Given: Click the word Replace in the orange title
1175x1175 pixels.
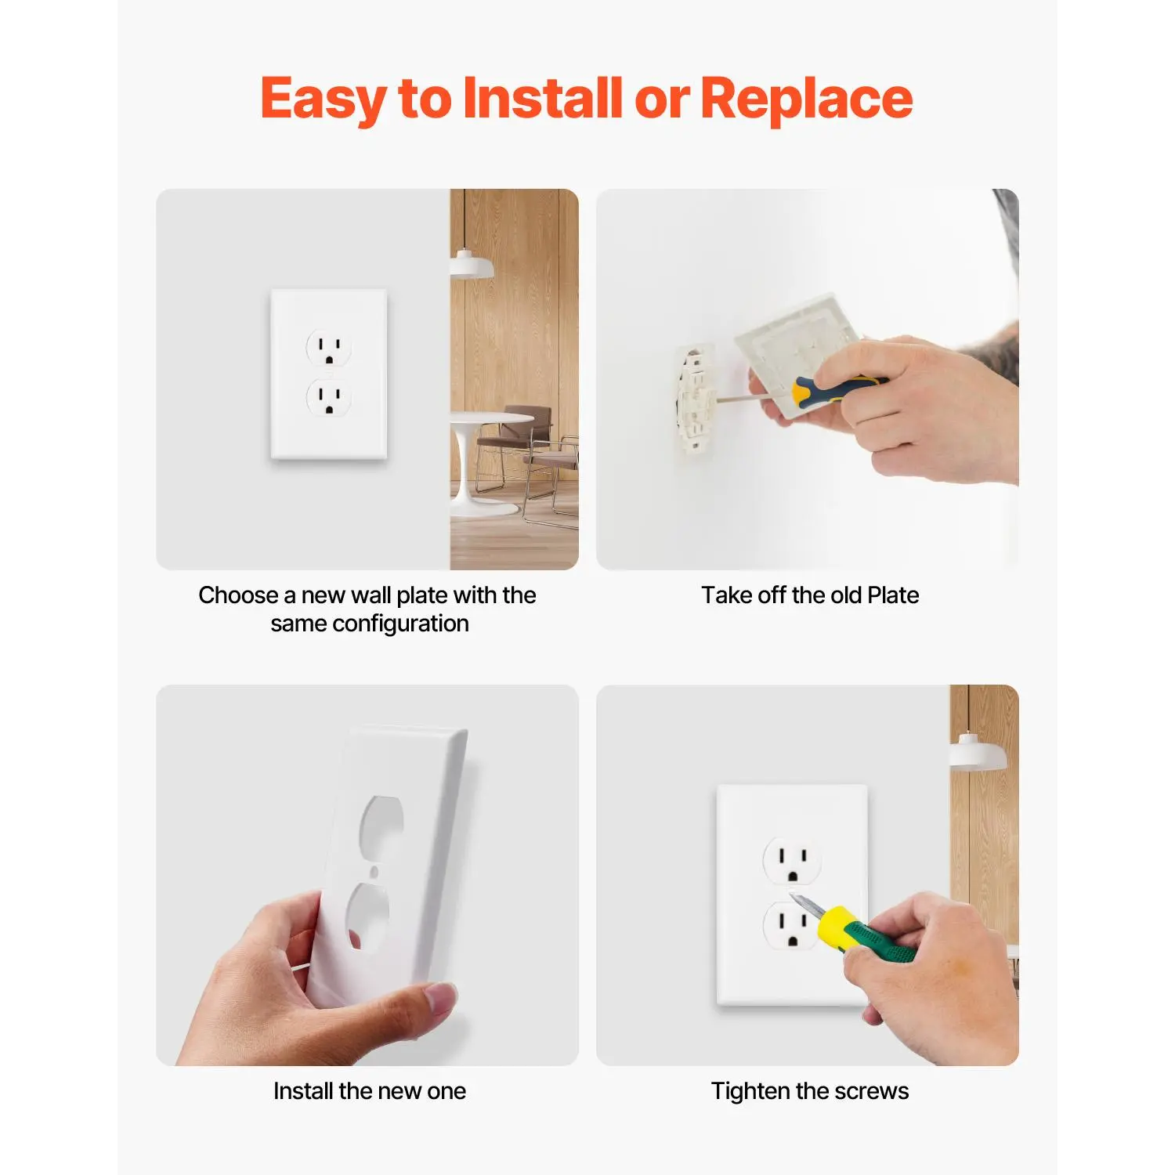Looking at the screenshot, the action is pyautogui.click(x=806, y=100).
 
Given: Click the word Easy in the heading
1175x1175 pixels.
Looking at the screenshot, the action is pyautogui.click(x=324, y=100).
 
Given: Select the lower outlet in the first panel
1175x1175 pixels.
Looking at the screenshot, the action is pyautogui.click(x=329, y=398).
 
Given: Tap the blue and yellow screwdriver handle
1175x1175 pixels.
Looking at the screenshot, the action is pyautogui.click(x=837, y=388).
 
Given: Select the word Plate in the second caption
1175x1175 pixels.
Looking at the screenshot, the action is pyautogui.click(x=893, y=595).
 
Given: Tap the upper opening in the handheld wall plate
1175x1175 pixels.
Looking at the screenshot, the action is pyautogui.click(x=381, y=826).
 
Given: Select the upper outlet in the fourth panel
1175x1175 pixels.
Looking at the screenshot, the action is pyautogui.click(x=792, y=859).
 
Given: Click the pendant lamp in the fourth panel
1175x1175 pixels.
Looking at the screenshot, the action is pyautogui.click(x=978, y=753).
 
